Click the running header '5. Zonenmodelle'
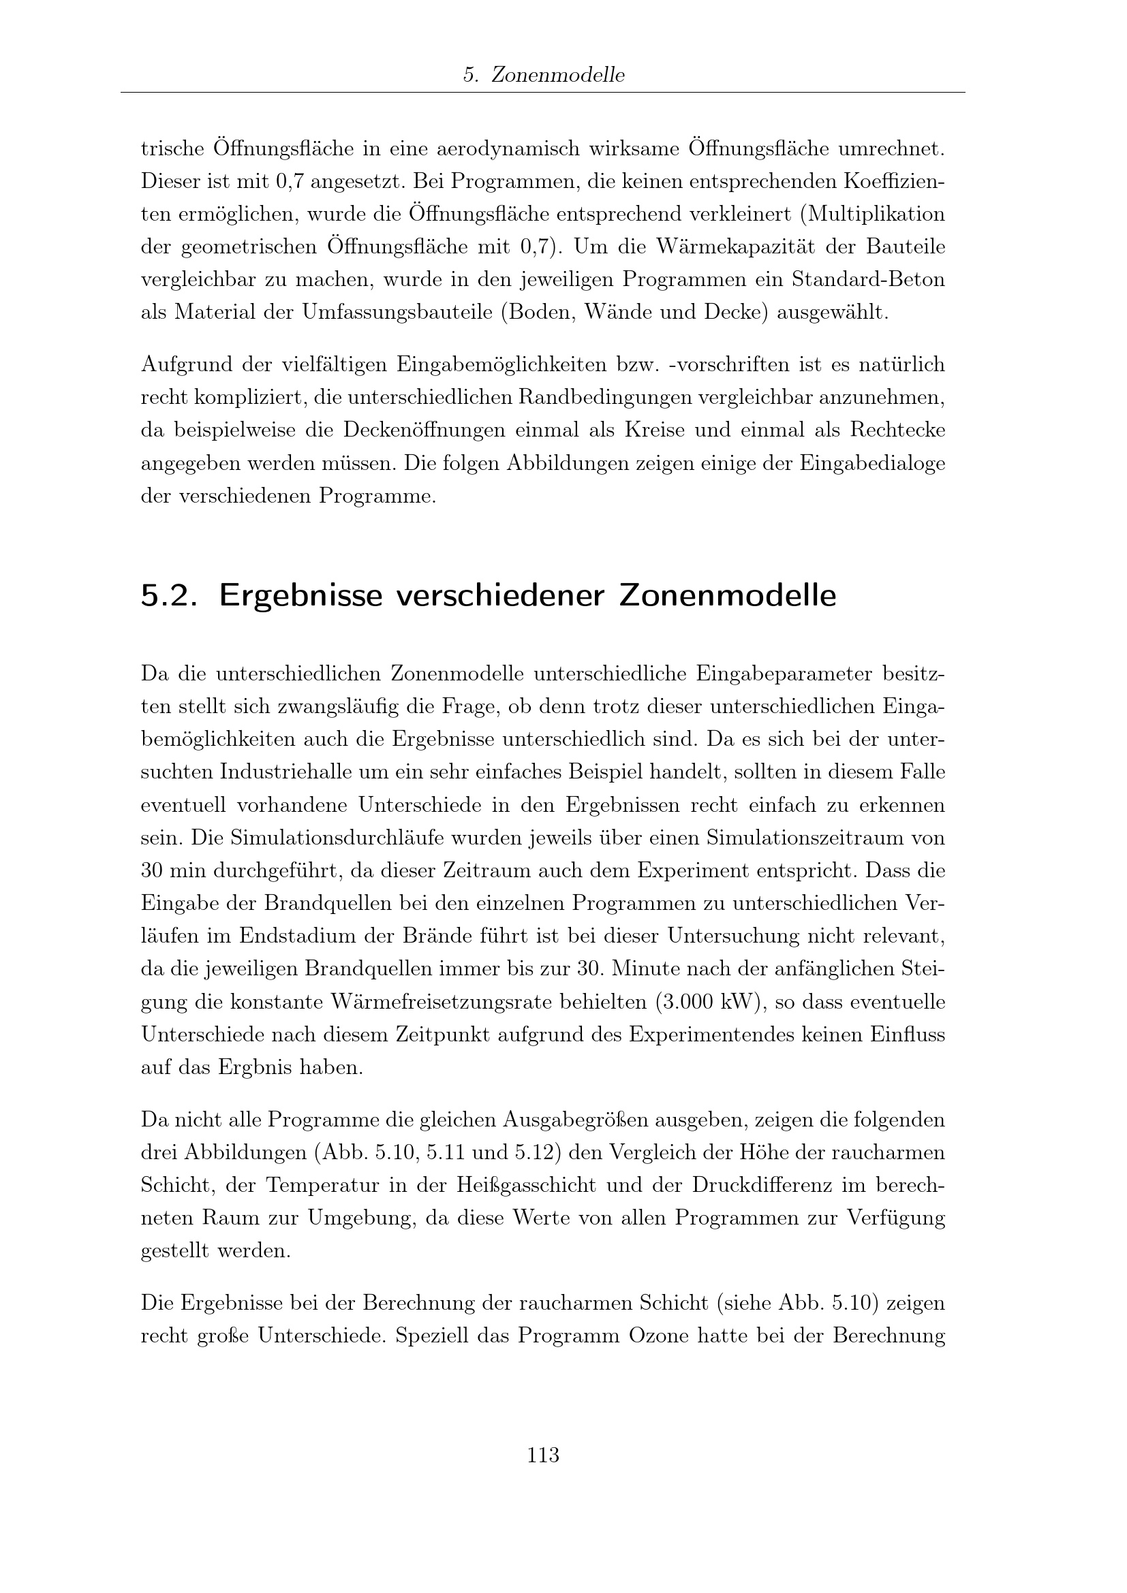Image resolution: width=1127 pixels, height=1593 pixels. coord(543,75)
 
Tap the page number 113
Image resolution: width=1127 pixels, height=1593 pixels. coord(543,1455)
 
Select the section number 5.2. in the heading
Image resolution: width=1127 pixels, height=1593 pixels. coord(170,596)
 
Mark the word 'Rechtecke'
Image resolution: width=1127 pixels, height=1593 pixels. coord(897,430)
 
